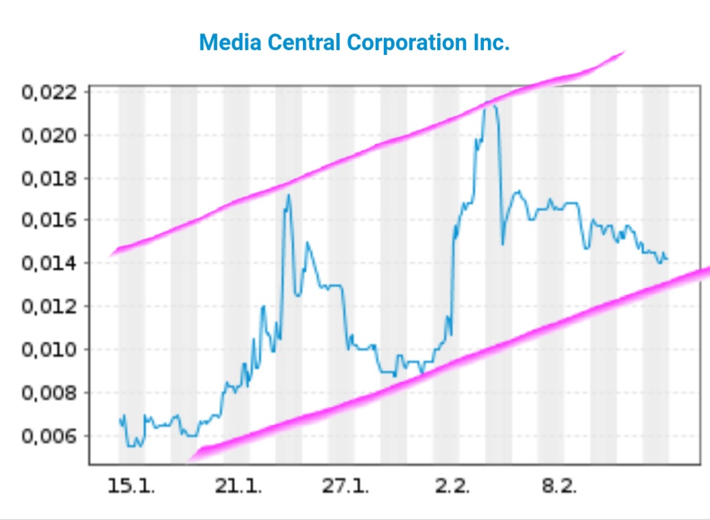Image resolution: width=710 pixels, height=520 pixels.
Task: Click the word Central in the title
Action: pos(303,42)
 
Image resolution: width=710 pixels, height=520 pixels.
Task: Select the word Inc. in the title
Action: pos(491,42)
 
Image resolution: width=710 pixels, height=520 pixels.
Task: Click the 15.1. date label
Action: pos(131,486)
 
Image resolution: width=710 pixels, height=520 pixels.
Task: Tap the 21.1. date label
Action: pos(238,486)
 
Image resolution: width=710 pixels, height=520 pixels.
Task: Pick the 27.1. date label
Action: pos(345,486)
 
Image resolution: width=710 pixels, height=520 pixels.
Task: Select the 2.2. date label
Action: pos(452,486)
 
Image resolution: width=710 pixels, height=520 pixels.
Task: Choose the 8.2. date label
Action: pos(559,486)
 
